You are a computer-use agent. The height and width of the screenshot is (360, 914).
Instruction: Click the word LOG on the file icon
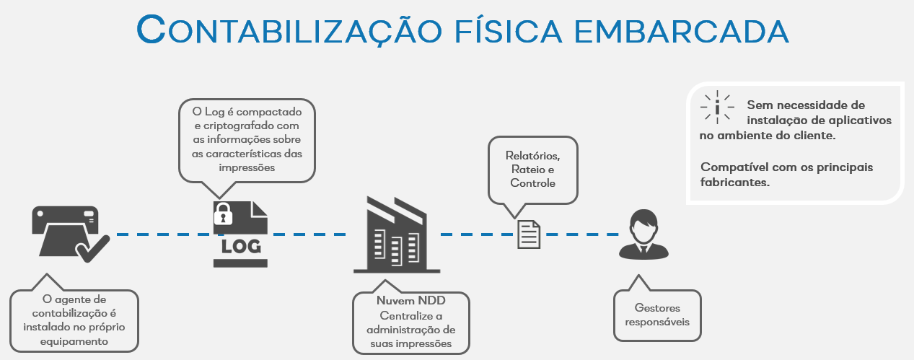(240, 246)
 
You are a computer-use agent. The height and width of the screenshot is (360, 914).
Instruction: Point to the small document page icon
(529, 234)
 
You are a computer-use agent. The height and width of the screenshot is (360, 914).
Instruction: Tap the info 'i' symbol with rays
(718, 106)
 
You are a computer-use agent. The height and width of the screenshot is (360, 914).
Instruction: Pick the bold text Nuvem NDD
(410, 302)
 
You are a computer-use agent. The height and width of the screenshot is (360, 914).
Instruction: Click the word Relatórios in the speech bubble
(532, 156)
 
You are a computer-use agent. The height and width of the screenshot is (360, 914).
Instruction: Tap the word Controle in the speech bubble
(532, 183)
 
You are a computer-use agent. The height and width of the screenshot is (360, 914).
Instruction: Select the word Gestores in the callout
(657, 307)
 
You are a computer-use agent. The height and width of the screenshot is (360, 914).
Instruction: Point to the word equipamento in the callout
(75, 341)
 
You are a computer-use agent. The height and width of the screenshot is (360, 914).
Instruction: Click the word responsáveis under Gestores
(657, 321)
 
